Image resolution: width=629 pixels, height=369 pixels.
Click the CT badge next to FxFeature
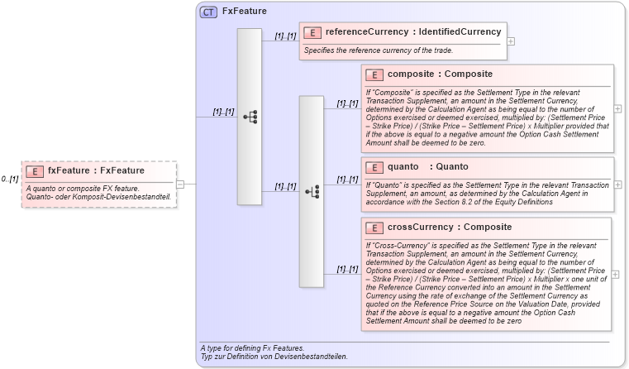(x=208, y=12)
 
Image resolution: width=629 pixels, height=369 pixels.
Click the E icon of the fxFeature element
(x=35, y=171)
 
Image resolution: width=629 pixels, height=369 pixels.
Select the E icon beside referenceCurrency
(x=312, y=32)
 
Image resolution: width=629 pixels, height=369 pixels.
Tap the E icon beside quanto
(x=374, y=167)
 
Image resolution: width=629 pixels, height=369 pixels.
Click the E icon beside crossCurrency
(x=374, y=228)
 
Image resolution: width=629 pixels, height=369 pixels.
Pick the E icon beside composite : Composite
(x=374, y=74)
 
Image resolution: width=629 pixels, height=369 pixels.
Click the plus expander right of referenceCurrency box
(x=511, y=41)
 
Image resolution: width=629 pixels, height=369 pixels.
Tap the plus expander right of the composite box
(x=617, y=108)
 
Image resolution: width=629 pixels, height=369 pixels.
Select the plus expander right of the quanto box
(x=617, y=184)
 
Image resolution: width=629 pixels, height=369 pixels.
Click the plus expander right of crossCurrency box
(x=617, y=274)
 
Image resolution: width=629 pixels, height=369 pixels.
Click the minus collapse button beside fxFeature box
(x=181, y=184)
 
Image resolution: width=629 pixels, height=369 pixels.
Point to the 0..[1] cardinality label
(x=10, y=179)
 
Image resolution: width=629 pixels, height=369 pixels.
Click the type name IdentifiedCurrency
(x=460, y=32)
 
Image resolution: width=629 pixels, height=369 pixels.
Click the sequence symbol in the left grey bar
(x=250, y=117)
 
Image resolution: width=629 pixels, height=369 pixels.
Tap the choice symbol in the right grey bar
(x=312, y=191)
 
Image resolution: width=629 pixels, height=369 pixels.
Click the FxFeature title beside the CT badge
(x=239, y=12)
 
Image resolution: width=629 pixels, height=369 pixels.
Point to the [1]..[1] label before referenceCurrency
(x=285, y=36)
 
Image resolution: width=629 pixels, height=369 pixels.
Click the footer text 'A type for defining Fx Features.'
(x=252, y=347)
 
